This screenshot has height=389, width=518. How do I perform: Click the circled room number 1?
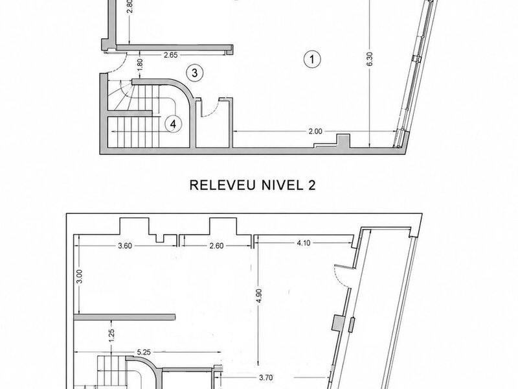[x=312, y=60]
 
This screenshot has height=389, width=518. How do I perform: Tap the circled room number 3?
[x=195, y=73]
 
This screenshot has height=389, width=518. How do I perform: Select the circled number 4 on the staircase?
[x=174, y=124]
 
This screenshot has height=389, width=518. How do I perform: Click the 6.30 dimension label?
[x=370, y=59]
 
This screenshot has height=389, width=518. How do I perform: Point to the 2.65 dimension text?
[x=171, y=55]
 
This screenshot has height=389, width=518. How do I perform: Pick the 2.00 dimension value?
[x=315, y=132]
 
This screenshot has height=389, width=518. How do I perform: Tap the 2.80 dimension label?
[x=130, y=6]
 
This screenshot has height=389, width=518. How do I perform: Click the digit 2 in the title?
[x=311, y=185]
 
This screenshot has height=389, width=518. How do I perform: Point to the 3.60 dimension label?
[x=125, y=246]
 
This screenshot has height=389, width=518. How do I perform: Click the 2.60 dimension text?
[x=216, y=246]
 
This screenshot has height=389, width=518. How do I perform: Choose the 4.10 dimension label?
[x=303, y=242]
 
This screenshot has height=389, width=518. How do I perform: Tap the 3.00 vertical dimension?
[x=80, y=277]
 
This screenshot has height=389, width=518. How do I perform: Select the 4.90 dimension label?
[x=259, y=296]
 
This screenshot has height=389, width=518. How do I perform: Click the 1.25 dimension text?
[x=111, y=335]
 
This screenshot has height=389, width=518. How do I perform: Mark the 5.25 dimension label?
[x=144, y=352]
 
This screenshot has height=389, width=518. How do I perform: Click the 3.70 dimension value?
[x=265, y=377]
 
